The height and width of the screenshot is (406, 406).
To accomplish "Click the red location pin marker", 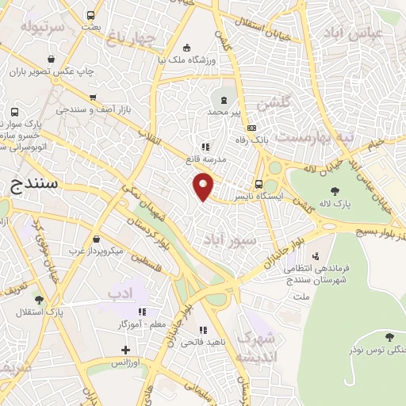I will pos(204,188).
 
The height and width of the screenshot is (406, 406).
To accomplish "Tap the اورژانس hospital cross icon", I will pos(125,349).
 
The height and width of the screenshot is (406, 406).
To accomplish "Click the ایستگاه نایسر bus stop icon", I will pos(259,186).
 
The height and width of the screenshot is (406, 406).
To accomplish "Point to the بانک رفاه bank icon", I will pos(252,128).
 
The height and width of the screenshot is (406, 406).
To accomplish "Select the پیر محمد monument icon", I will pos(224,100).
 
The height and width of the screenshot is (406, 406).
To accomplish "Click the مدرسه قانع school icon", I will pos(205,147).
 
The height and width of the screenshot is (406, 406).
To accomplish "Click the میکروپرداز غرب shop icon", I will pos(96,239).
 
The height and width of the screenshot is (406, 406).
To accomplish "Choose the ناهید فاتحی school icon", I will pos(203,330).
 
